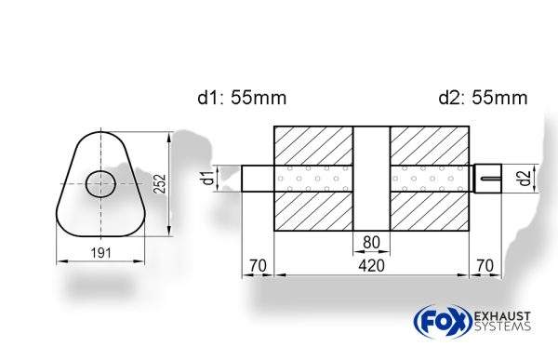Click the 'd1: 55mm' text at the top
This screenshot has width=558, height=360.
(x=241, y=98)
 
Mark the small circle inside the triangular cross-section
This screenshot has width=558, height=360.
(x=100, y=184)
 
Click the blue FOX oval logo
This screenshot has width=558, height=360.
(x=438, y=322)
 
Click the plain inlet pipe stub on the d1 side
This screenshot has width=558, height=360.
(x=258, y=178)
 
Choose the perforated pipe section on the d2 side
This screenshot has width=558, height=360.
(x=430, y=178)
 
